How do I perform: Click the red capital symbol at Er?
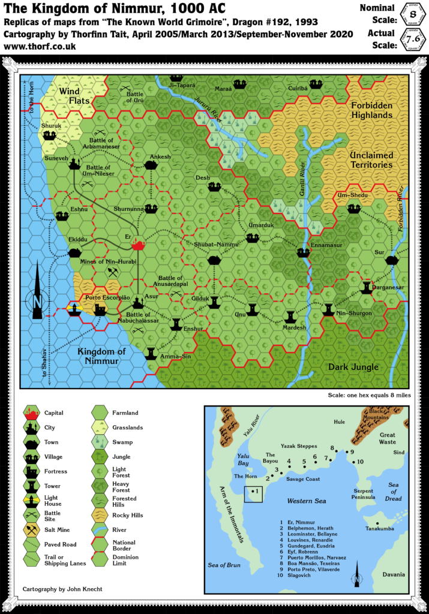(x=139, y=243)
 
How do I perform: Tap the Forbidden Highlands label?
(x=372, y=110)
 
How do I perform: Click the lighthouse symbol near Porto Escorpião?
(x=74, y=308)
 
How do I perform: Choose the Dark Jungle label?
(x=353, y=367)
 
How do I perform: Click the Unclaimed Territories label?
(x=371, y=159)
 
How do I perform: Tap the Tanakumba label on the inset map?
(x=380, y=528)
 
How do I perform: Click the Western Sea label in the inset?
(x=306, y=501)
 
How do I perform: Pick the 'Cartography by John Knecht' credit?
(x=62, y=589)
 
